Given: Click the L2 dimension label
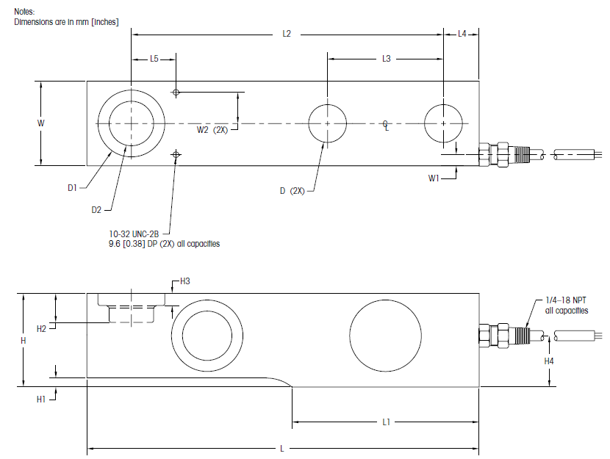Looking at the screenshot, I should tap(287, 34).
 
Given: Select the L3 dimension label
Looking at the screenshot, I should tap(386, 58).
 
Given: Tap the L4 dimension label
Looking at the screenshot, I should tap(462, 34).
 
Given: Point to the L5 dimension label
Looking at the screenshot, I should tap(154, 58).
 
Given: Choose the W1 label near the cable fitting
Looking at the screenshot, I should tap(434, 176).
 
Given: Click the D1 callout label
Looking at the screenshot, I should tap(72, 188).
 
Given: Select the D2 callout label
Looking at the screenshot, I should tap(96, 210).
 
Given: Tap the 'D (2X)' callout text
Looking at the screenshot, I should tap(293, 191).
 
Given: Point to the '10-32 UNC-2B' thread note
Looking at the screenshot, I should tap(134, 233).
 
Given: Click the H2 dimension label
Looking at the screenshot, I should tap(42, 328).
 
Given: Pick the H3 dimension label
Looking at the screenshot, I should tap(185, 281).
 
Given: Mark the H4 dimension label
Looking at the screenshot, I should tap(549, 361).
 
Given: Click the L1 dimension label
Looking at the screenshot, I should tap(386, 422).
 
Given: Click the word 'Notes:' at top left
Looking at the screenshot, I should tap(25, 12).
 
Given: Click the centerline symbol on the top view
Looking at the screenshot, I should tap(386, 126).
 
